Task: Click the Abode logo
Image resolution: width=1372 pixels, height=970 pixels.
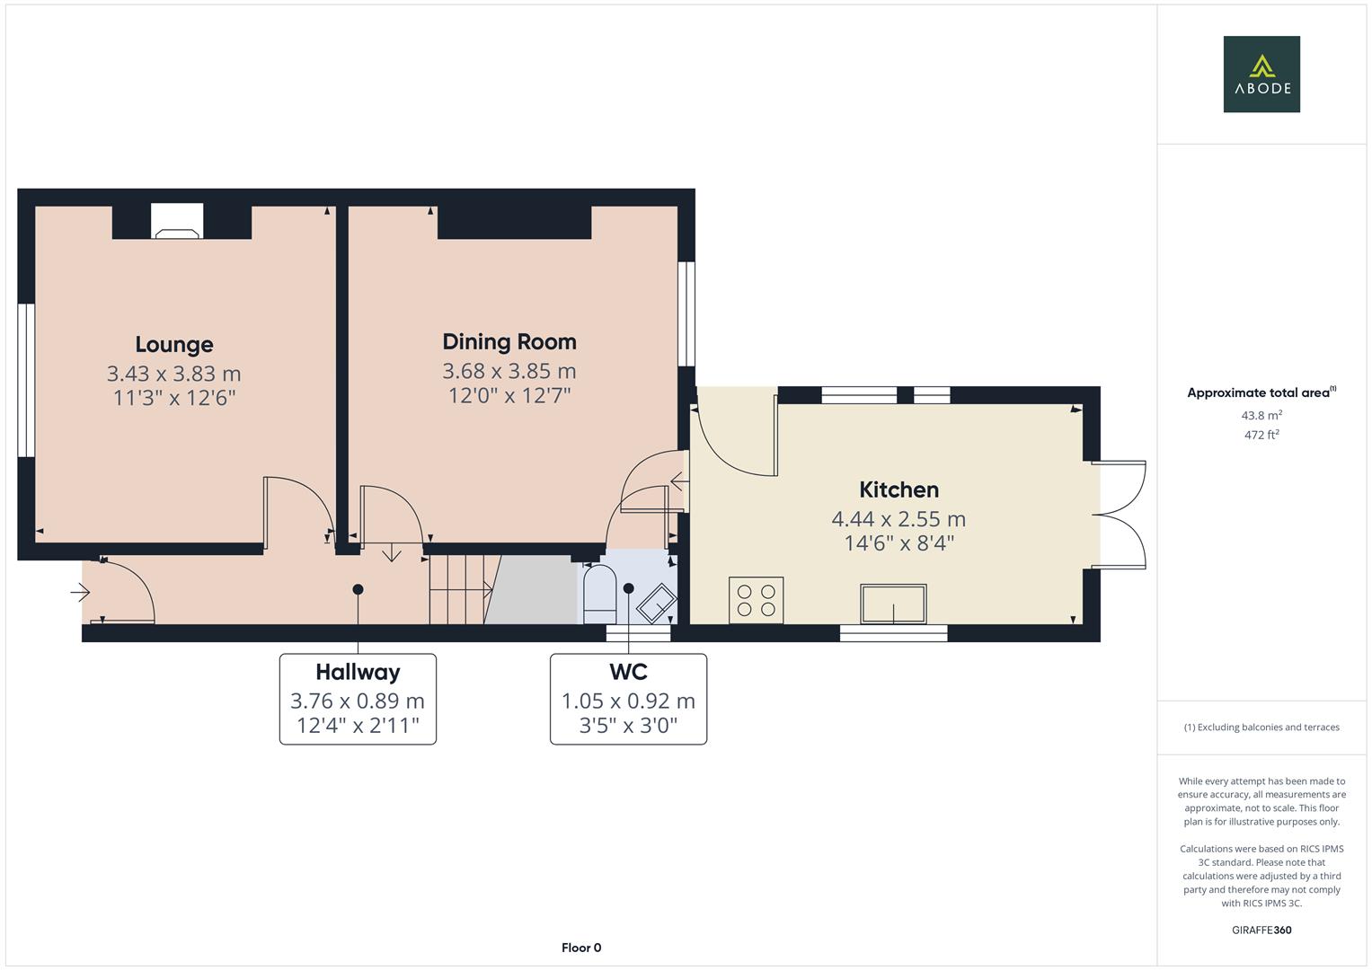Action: click(1261, 75)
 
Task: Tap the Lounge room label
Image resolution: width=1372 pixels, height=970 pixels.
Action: click(174, 344)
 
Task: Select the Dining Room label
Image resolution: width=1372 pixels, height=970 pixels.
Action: click(509, 341)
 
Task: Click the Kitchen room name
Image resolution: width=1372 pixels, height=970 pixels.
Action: click(898, 489)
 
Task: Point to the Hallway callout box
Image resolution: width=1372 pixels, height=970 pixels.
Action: click(358, 699)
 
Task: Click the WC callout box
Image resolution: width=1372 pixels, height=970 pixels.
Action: click(628, 699)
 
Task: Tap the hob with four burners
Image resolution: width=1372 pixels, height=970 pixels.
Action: click(756, 600)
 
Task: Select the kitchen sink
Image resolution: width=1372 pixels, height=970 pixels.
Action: click(893, 603)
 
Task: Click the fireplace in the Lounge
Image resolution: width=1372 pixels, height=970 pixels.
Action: click(177, 223)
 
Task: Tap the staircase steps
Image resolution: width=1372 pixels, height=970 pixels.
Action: click(458, 589)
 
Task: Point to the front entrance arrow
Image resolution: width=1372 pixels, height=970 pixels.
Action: click(81, 593)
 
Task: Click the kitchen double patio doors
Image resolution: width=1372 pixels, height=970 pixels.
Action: click(1120, 515)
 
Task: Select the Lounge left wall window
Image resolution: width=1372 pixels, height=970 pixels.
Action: click(26, 380)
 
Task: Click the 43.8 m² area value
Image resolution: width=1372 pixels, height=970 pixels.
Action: click(1261, 415)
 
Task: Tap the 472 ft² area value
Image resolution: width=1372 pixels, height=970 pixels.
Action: click(1261, 435)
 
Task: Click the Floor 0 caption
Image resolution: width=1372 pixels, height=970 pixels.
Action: click(581, 948)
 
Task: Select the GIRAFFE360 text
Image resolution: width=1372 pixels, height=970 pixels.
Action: click(1261, 930)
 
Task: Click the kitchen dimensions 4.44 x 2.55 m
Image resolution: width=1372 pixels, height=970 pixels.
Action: click(898, 519)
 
